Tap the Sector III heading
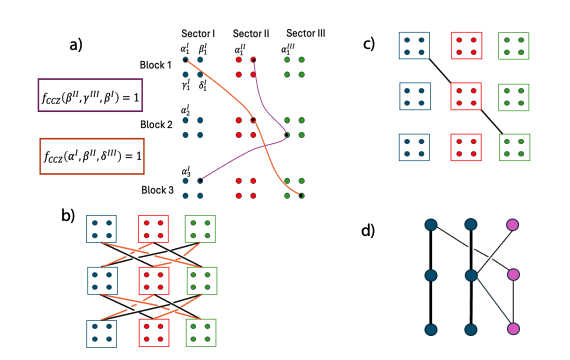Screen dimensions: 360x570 (x=305, y=32)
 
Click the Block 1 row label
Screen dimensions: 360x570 (x=155, y=65)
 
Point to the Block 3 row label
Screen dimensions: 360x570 (x=156, y=189)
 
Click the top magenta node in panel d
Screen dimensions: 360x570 (x=514, y=225)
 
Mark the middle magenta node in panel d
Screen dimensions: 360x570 (x=514, y=275)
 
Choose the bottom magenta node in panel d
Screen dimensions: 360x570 (x=514, y=328)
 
